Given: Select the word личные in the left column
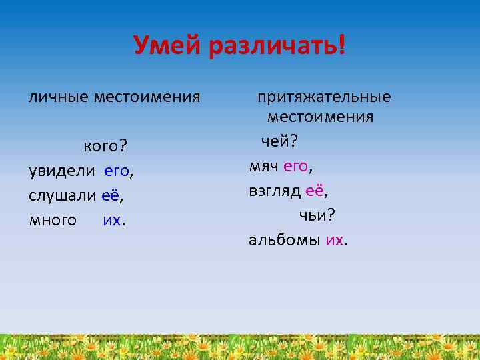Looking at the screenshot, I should click(x=58, y=97).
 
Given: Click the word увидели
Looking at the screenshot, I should click(x=62, y=171).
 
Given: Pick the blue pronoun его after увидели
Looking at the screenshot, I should click(x=117, y=171).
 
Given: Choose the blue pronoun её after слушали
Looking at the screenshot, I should click(x=111, y=195).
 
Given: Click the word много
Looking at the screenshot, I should click(x=53, y=220).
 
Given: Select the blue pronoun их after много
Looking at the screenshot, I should click(x=112, y=220).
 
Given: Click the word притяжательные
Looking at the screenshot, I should click(x=324, y=97).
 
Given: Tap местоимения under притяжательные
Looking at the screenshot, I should click(x=320, y=117).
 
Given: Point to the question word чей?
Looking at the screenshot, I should click(x=279, y=141).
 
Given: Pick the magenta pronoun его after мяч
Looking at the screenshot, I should click(x=296, y=166).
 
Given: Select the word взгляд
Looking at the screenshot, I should click(x=275, y=191).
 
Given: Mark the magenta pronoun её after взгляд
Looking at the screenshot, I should click(x=315, y=191).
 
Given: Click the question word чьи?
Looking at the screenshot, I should click(x=317, y=215).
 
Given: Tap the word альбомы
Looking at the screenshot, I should click(x=285, y=240).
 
